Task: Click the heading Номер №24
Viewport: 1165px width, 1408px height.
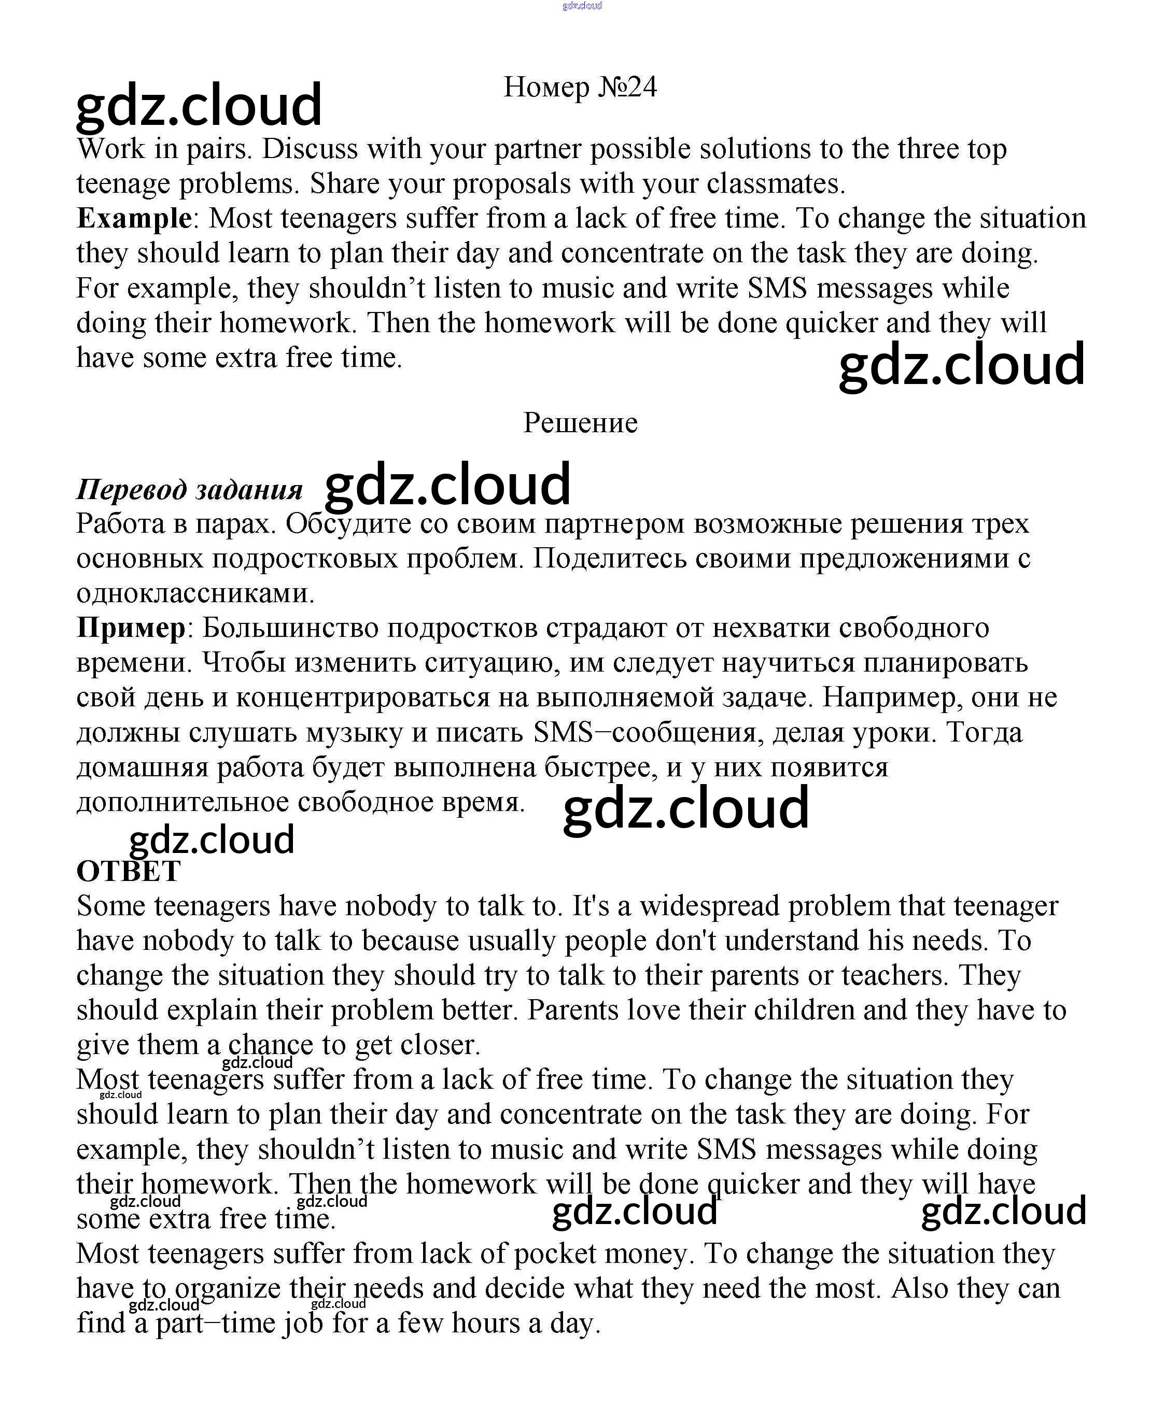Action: (580, 87)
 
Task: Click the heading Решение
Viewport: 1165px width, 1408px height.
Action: (580, 423)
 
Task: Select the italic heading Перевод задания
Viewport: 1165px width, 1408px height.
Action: (189, 489)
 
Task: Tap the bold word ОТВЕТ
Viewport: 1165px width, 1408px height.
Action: (128, 872)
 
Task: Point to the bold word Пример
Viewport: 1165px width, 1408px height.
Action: (131, 628)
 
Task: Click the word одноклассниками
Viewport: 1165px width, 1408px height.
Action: (194, 593)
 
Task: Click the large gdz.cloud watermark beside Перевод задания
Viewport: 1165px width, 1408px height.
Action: (447, 484)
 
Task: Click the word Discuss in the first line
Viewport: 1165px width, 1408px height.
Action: (310, 149)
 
